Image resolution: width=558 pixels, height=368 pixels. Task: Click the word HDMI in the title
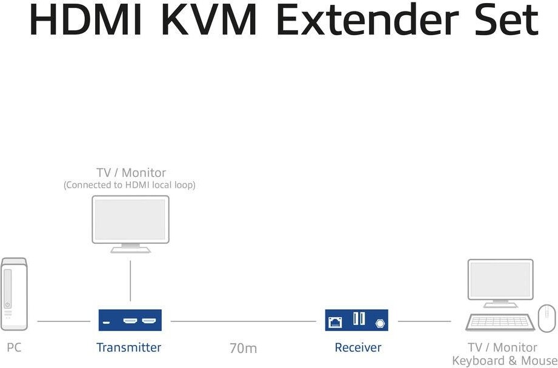tap(85, 20)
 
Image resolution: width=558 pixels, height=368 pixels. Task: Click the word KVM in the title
tap(209, 20)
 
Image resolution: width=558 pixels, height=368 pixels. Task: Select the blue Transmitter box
tap(130, 320)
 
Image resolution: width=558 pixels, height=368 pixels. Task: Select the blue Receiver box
tap(357, 320)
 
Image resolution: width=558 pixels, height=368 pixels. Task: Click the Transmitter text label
tap(128, 347)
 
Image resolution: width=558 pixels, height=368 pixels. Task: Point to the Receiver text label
tap(358, 347)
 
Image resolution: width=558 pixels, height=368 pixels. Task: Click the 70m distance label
tap(243, 349)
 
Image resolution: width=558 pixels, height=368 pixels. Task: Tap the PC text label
tap(14, 347)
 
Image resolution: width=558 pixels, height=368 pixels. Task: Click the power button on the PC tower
tap(7, 304)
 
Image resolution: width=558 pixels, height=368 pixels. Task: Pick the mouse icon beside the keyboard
tap(546, 318)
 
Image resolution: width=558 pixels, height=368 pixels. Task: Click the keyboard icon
tap(500, 322)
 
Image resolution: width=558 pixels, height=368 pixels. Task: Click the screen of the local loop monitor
tap(130, 219)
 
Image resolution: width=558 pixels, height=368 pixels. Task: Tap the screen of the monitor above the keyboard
tap(500, 280)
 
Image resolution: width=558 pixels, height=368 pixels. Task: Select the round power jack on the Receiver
tap(380, 324)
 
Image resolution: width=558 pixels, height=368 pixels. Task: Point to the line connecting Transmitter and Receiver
tap(244, 321)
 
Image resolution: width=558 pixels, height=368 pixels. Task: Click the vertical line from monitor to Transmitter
tap(130, 281)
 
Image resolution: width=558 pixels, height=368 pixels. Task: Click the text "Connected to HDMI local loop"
tap(130, 185)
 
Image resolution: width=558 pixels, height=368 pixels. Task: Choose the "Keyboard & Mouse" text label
tap(505, 361)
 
